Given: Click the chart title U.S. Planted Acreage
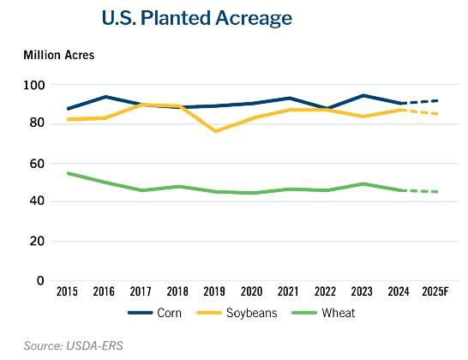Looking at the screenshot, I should [196, 18].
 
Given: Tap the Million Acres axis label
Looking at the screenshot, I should [58, 56].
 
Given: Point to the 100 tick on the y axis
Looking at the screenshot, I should [34, 85].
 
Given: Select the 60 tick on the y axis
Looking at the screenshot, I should [37, 163].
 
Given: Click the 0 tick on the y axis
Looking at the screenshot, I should [39, 280].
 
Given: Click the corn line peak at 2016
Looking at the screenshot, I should [105, 97].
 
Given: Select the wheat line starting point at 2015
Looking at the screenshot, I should [68, 173].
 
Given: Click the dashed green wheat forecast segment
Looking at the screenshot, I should [421, 191].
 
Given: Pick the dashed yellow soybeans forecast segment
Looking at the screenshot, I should [421, 112].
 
